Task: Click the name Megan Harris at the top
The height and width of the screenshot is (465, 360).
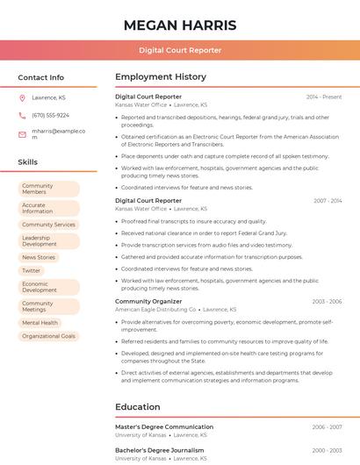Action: coord(180,25)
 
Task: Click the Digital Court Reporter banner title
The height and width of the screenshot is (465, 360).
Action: coord(180,50)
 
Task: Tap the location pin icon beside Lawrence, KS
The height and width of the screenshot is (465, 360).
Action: coord(22,97)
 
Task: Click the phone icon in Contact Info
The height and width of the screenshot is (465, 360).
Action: coord(22,116)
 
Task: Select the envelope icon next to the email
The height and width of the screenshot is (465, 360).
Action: coord(22,134)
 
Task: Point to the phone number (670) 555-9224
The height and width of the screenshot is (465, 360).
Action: coord(50,116)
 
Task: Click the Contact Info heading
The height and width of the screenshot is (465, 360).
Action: coord(41,77)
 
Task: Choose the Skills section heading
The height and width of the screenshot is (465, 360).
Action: coord(28,162)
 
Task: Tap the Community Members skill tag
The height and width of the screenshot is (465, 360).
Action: coord(48,189)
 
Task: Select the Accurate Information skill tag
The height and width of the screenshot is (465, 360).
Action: coord(48,208)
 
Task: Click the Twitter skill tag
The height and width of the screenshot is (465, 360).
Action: coord(32,270)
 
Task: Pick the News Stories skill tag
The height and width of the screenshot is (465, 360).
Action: coord(39,257)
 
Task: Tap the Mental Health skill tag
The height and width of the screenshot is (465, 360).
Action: coord(40,323)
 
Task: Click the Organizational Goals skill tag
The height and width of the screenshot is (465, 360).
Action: coord(48,336)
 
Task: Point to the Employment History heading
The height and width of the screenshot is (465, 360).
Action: coord(161,77)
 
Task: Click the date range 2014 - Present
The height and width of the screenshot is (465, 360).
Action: coord(324,97)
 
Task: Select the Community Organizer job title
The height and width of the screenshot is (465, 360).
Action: coord(148,302)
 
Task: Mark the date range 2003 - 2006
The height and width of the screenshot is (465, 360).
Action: coord(327,302)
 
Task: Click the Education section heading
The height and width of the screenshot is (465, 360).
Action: coord(138,407)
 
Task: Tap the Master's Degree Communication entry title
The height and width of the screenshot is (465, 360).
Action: coord(164,427)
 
